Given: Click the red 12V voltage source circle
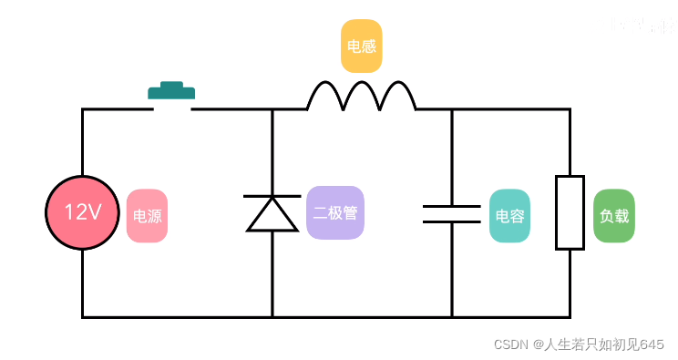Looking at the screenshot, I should (x=83, y=212).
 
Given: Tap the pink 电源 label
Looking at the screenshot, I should (x=147, y=216).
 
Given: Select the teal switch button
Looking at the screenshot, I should (x=171, y=90).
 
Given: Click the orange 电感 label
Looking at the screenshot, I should (x=361, y=46).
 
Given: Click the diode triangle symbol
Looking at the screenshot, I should (x=272, y=216).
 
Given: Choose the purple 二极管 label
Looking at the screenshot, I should (x=334, y=213).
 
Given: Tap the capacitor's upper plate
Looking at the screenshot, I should (x=451, y=207).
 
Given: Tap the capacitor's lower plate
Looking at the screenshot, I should (x=451, y=221).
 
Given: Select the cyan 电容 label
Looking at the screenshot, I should (x=509, y=216).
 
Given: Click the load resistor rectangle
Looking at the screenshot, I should (x=570, y=212).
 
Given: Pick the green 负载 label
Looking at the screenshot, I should (x=613, y=216).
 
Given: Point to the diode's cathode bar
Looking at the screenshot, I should (x=272, y=196).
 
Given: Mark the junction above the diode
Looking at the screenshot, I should (x=272, y=109).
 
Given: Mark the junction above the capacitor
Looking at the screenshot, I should (x=451, y=109).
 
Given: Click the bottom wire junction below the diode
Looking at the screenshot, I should (x=272, y=317).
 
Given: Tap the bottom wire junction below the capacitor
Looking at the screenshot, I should (x=451, y=317).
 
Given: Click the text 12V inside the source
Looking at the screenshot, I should (x=83, y=212).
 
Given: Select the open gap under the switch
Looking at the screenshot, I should (x=172, y=109).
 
